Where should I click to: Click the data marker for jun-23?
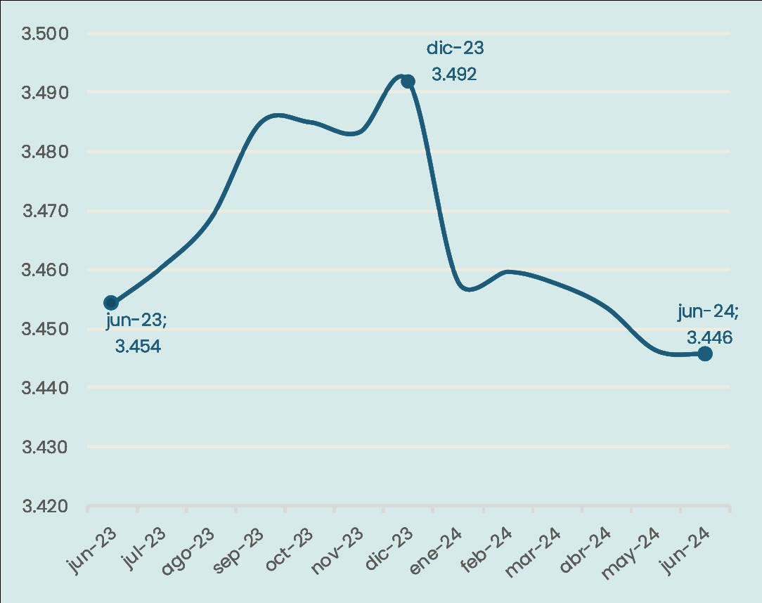pos(111,303)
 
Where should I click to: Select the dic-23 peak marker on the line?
pos(408,82)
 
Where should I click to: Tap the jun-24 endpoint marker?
pos(704,354)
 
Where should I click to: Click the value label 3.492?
pos(454,74)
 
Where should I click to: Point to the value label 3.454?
pos(138,346)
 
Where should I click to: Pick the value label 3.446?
pos(709,337)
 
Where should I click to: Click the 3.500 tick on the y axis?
pos(44,34)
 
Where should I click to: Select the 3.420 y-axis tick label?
pos(44,506)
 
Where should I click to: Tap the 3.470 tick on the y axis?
pos(44,211)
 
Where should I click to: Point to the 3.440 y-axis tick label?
pos(44,388)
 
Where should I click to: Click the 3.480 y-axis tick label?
pos(44,152)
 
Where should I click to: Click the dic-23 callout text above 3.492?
pos(456,48)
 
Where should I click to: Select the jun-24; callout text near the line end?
pos(708,311)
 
